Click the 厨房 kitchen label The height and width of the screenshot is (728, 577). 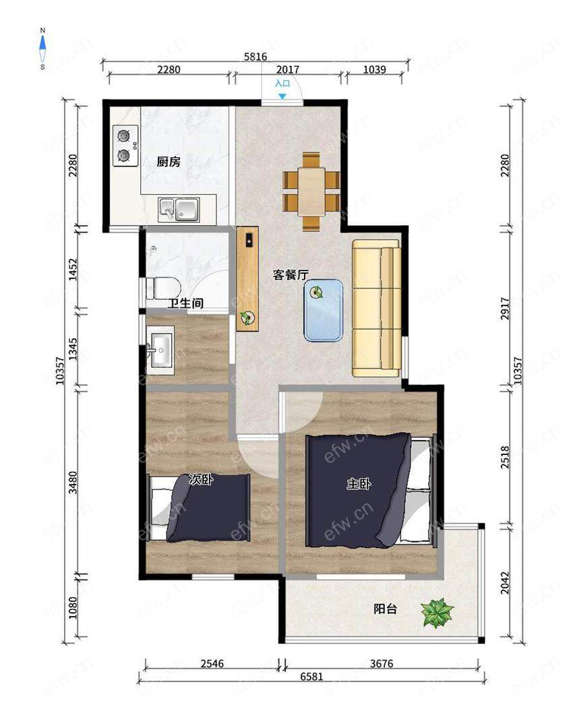(x=169, y=162)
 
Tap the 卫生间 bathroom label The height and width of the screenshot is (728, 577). (x=185, y=303)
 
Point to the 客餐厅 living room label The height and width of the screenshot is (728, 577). (x=291, y=275)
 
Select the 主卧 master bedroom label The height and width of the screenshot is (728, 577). (x=359, y=484)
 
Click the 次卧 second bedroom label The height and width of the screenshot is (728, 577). (x=201, y=480)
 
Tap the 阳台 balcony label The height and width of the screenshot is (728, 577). (x=386, y=609)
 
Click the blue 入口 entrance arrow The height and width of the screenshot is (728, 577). (x=282, y=96)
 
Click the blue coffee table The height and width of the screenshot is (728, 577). (x=324, y=310)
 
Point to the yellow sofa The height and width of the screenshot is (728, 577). (x=376, y=308)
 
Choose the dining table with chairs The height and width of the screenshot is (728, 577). (x=312, y=191)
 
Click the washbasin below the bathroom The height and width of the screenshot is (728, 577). (x=160, y=351)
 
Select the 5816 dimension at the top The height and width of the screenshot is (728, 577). (x=255, y=57)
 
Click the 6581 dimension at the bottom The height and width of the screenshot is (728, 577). (x=311, y=676)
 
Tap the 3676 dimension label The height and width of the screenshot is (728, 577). (x=382, y=663)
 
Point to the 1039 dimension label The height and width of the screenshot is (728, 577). (x=375, y=69)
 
